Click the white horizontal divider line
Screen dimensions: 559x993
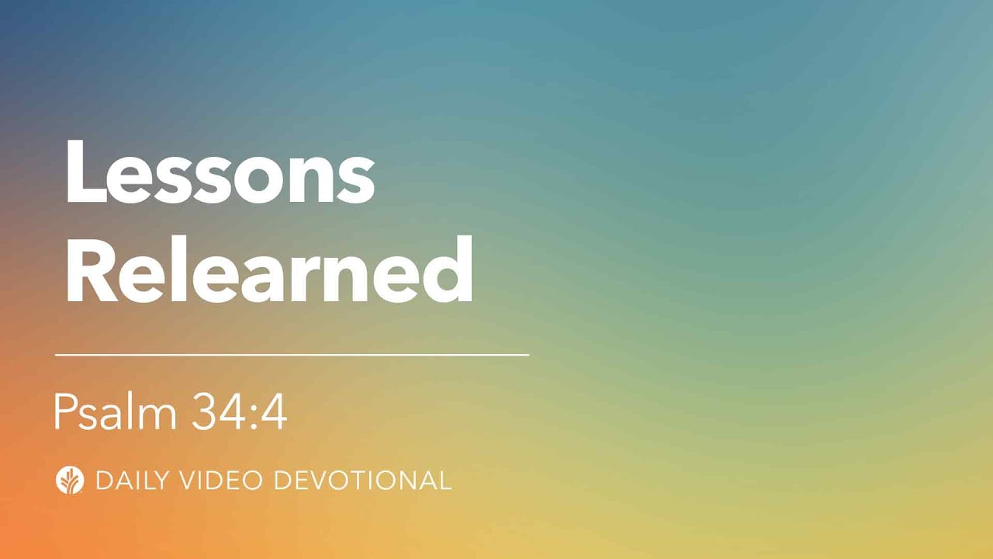coord(292,355)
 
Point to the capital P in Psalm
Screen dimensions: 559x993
coord(64,412)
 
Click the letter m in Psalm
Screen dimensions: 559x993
coord(163,417)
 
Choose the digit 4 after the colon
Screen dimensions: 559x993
coord(274,412)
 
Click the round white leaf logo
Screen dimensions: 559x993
coord(70,480)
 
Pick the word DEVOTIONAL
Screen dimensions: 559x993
coord(364,481)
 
